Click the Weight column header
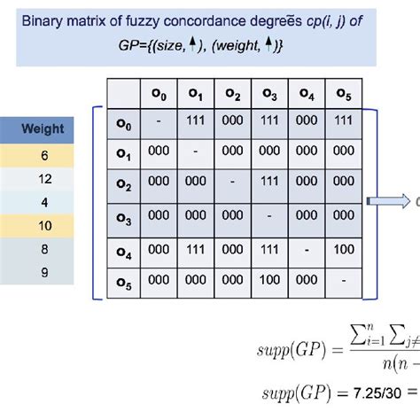[x=43, y=129]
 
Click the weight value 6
[x=43, y=153]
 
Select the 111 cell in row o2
[x=270, y=182]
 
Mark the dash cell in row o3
[x=270, y=215]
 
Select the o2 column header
[x=234, y=91]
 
